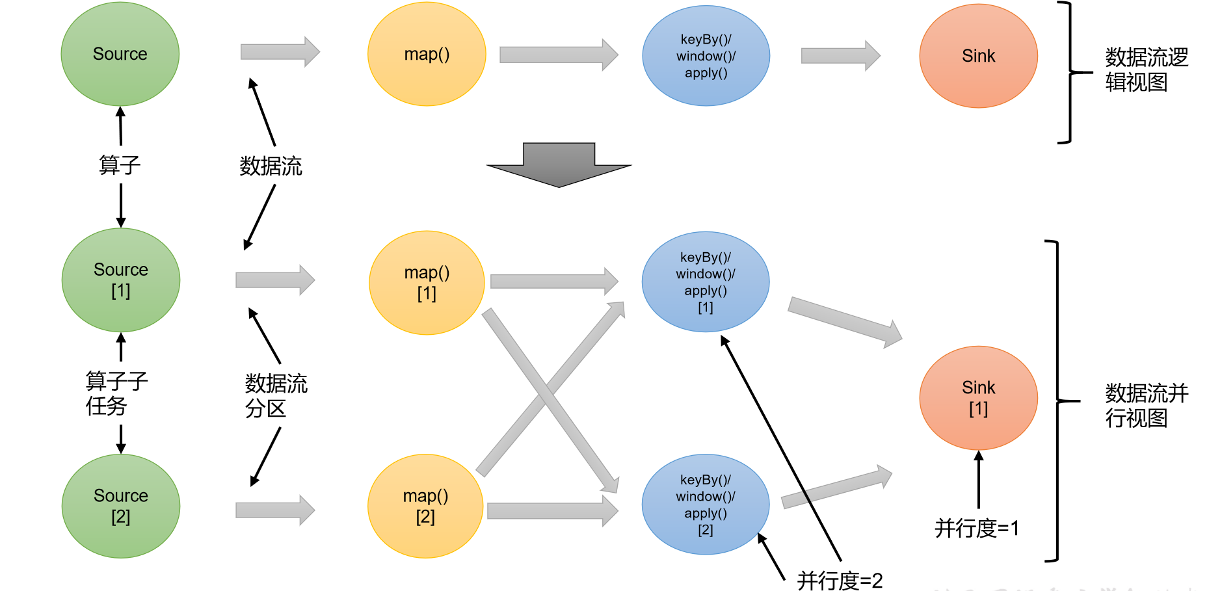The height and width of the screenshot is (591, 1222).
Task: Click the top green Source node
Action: [120, 54]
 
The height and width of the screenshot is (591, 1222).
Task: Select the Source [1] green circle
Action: [121, 280]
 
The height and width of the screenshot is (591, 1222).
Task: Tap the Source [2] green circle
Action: [121, 506]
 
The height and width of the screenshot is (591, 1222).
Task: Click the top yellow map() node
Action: [427, 54]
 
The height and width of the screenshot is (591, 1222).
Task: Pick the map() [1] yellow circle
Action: [427, 283]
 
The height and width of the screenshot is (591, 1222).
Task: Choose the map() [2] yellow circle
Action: [425, 506]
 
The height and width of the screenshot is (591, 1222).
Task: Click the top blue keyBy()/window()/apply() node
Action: [706, 56]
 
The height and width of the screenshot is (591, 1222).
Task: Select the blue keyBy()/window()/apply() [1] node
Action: [706, 282]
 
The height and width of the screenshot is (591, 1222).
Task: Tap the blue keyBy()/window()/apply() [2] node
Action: [706, 505]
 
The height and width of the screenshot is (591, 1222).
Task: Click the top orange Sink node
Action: [978, 56]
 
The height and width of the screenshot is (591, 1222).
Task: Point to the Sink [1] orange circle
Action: [978, 398]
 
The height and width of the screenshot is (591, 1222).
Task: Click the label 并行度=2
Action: [840, 580]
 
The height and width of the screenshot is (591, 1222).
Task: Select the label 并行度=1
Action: [976, 528]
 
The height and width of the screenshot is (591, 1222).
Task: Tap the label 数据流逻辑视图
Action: [1146, 70]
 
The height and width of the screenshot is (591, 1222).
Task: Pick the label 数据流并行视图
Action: [1146, 405]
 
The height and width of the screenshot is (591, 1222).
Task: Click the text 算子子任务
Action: [116, 393]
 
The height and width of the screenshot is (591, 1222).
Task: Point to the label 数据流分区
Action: [275, 395]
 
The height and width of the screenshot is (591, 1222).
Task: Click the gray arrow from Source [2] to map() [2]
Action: [275, 510]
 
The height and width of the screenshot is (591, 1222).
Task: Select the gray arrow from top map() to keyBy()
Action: [558, 55]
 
